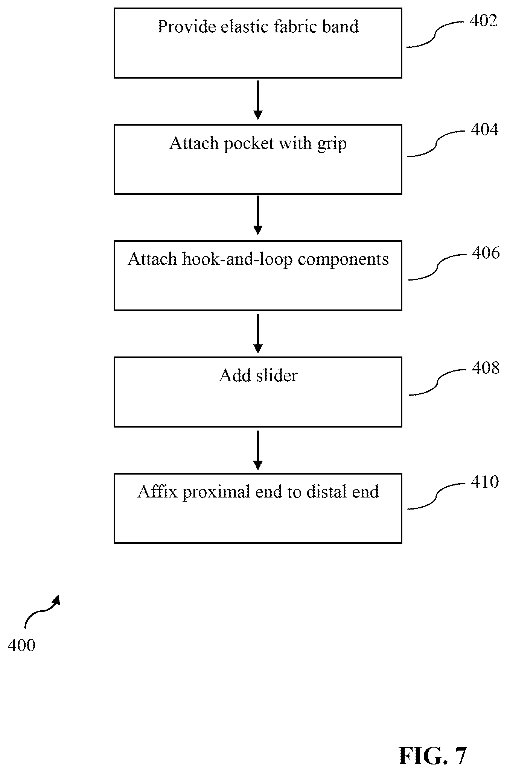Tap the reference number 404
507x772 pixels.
pos(485,129)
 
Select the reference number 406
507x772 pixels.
pos(486,253)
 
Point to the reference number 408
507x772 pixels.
pos(486,368)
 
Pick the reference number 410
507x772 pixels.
pos(485,482)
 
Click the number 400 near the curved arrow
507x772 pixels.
pos(21,645)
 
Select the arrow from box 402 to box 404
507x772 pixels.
pos(258,100)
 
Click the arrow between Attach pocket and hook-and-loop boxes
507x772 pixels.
pos(258,215)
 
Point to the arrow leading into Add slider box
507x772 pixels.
pos(258,334)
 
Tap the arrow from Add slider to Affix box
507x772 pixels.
pos(258,450)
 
